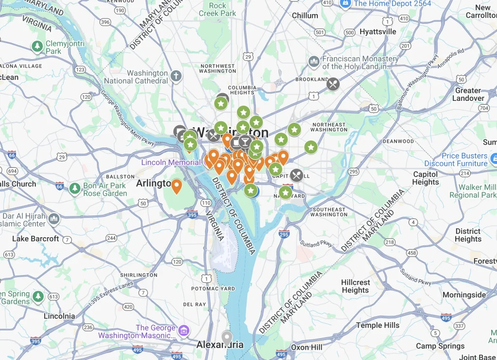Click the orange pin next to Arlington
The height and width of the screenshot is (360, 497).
[x=177, y=185]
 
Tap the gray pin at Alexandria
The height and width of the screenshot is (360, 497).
[x=227, y=337]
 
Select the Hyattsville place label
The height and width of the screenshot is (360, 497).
[x=378, y=32]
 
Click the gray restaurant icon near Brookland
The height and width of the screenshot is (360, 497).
[x=333, y=84]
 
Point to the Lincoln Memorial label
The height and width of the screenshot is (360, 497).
[x=170, y=162]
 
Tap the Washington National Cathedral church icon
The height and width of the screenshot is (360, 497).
[x=176, y=76]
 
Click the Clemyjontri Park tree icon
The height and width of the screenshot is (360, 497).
[x=37, y=47]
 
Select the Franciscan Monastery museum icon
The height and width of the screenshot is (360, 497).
[x=314, y=62]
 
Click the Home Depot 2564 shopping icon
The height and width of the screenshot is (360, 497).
[x=346, y=3]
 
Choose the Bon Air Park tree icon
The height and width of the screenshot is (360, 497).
[x=75, y=188]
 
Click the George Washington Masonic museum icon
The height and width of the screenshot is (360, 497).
[x=183, y=331]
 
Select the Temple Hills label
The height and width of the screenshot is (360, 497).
[x=378, y=325]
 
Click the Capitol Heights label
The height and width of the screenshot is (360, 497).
[x=425, y=178]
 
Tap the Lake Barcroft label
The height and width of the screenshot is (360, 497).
[x=35, y=239]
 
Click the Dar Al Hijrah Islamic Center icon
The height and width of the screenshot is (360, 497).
[x=54, y=219]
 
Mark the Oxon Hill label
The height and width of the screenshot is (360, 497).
[x=306, y=347]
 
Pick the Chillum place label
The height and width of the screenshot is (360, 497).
[x=305, y=16]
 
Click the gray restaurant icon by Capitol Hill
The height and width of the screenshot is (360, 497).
[x=297, y=175]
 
